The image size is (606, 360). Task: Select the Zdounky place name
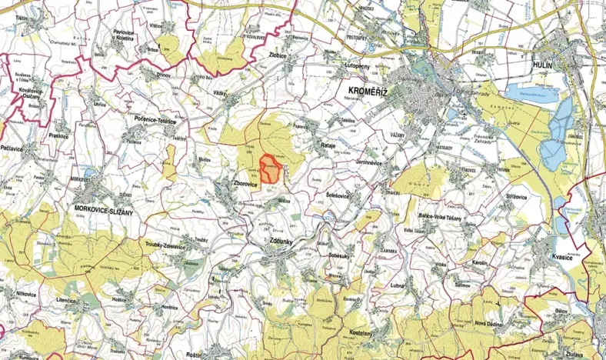(x=283, y=239)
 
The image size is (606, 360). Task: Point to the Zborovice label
(x=248, y=184)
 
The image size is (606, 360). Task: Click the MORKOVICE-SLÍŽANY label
(x=103, y=208)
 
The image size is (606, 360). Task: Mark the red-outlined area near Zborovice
(x=269, y=168)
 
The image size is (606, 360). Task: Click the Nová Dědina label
(x=493, y=324)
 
